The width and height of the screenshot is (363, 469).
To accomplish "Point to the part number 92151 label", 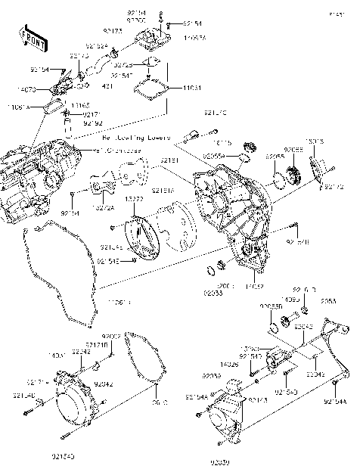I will [x=169, y=161].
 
